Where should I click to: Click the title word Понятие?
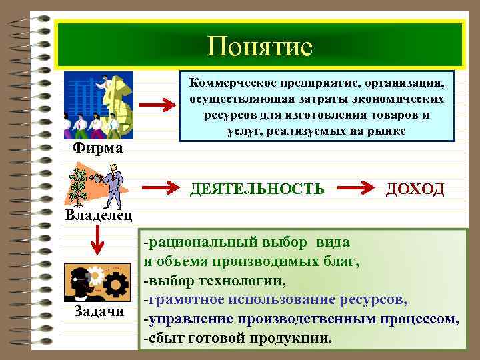pyautogui.click(x=259, y=46)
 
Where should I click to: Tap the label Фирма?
pyautogui.click(x=97, y=147)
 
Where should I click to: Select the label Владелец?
pyautogui.click(x=98, y=215)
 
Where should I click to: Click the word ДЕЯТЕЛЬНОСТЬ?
pyautogui.click(x=257, y=189)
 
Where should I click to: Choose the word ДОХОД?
pyautogui.click(x=415, y=189)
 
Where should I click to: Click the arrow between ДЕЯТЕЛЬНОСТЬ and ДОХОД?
pyautogui.click(x=357, y=189)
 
